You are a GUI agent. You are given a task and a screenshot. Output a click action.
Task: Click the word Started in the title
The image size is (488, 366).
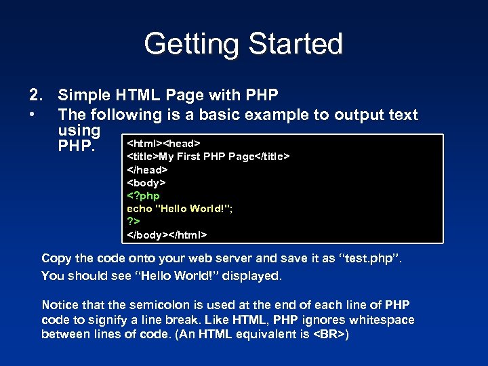click(296, 44)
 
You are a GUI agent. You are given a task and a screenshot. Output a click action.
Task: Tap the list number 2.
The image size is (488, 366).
click(35, 96)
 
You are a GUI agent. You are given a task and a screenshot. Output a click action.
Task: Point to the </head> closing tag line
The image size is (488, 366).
click(147, 169)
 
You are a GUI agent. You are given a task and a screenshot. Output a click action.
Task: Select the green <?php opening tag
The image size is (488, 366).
click(143, 196)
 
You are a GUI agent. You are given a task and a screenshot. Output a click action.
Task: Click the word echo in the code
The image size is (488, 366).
click(140, 209)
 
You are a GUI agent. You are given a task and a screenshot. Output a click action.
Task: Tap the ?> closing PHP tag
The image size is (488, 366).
click(134, 222)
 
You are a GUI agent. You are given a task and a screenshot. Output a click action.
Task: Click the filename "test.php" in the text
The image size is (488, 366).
click(373, 258)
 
